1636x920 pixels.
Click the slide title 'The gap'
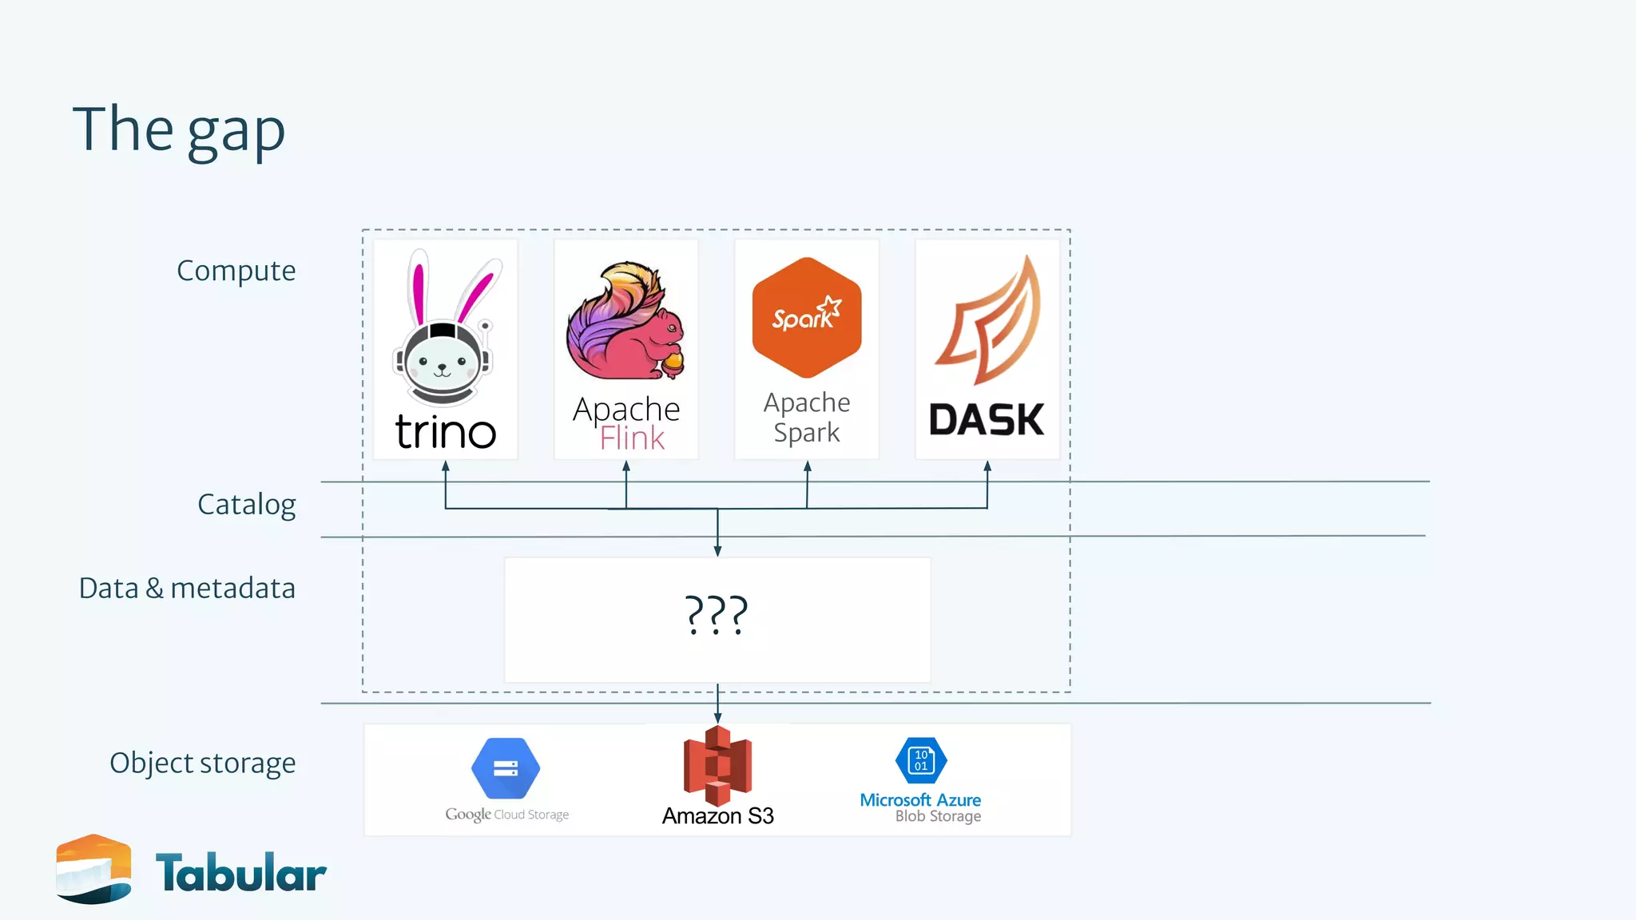179,130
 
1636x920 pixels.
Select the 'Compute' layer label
236,271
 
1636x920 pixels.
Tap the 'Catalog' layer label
246,505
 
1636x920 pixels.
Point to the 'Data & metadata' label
187,589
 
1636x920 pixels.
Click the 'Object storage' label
202,763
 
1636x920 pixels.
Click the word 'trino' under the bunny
446,432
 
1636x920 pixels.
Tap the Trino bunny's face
443,363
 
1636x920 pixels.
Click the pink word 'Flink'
632,438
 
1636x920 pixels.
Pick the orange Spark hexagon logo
807,317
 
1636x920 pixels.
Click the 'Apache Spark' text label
807,417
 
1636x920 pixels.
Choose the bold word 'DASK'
987,420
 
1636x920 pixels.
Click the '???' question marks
717,615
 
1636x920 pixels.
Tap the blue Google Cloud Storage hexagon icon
506,768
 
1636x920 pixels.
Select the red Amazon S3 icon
717,765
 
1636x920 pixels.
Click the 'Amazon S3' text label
717,816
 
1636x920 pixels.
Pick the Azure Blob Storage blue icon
921,760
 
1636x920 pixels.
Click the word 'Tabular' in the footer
240,873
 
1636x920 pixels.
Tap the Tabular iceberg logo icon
93,869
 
